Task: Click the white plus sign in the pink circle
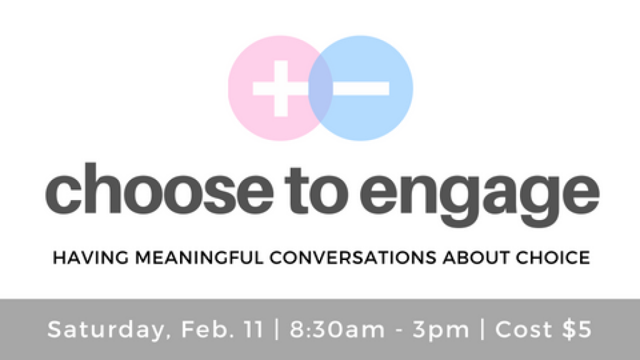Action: [281, 89]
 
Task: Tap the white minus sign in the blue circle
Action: [361, 89]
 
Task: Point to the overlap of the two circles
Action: [321, 89]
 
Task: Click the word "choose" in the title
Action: [159, 191]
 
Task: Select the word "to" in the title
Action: [316, 192]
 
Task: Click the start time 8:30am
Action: [337, 329]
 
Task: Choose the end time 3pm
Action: [441, 331]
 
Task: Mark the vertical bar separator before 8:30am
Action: [277, 329]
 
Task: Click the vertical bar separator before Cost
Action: [482, 329]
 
